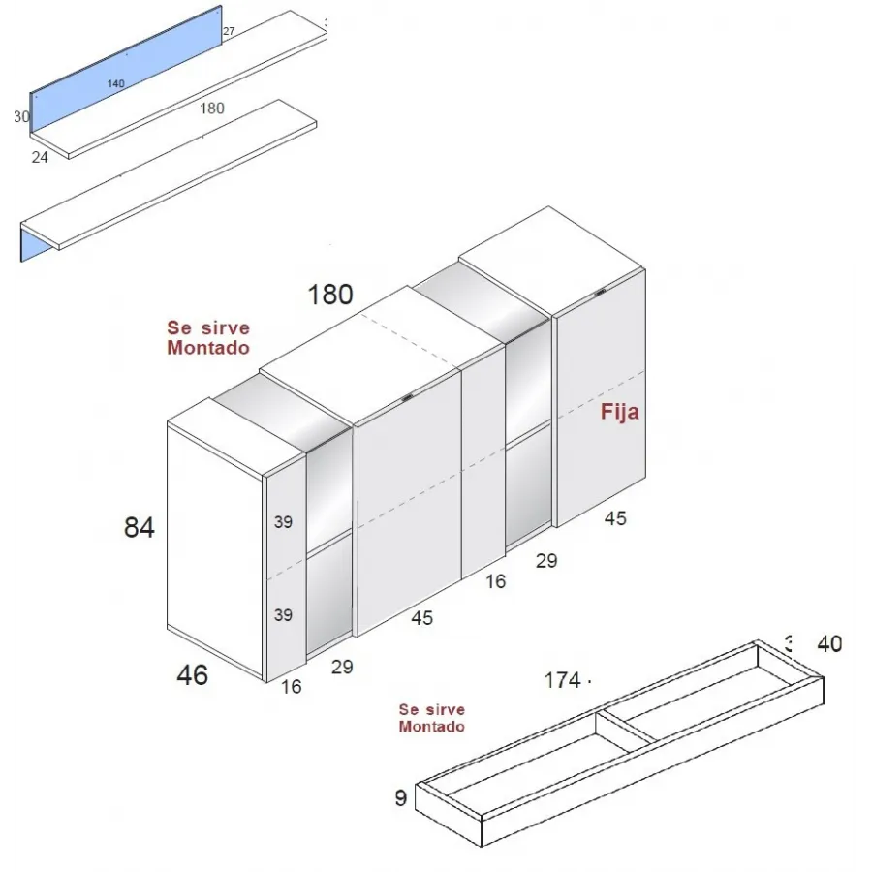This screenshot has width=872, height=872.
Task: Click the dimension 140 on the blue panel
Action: tap(116, 84)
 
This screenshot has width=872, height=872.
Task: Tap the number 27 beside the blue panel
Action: tap(229, 32)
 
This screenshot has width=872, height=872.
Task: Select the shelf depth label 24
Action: tap(40, 157)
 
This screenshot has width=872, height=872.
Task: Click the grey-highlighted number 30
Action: tap(20, 117)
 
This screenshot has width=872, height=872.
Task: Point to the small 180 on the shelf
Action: tap(212, 109)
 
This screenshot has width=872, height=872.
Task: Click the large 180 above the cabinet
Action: tap(330, 295)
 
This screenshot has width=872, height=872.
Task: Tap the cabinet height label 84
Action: tap(140, 528)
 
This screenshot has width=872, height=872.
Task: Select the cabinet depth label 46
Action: tap(193, 674)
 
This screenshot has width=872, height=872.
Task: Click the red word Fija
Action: tap(620, 412)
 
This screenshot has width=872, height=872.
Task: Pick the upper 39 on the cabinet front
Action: tap(283, 522)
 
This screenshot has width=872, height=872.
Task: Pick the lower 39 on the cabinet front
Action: tap(283, 615)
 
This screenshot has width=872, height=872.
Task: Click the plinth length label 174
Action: tap(562, 681)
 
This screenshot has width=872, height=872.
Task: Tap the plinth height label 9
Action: tap(401, 798)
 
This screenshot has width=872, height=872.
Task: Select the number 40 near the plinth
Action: tap(829, 643)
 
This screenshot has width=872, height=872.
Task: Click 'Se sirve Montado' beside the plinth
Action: tap(431, 718)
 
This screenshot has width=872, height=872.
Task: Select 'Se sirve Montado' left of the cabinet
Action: tap(208, 338)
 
